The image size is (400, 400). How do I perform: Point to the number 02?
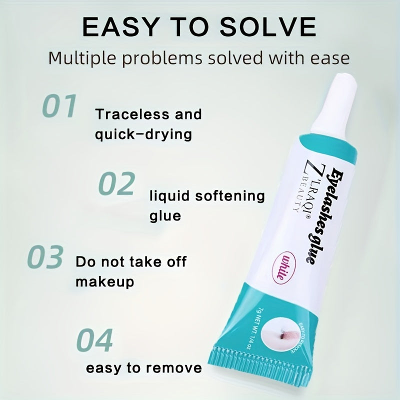pyautogui.click(x=116, y=183)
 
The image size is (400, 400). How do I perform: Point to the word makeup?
pyautogui.click(x=105, y=281)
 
